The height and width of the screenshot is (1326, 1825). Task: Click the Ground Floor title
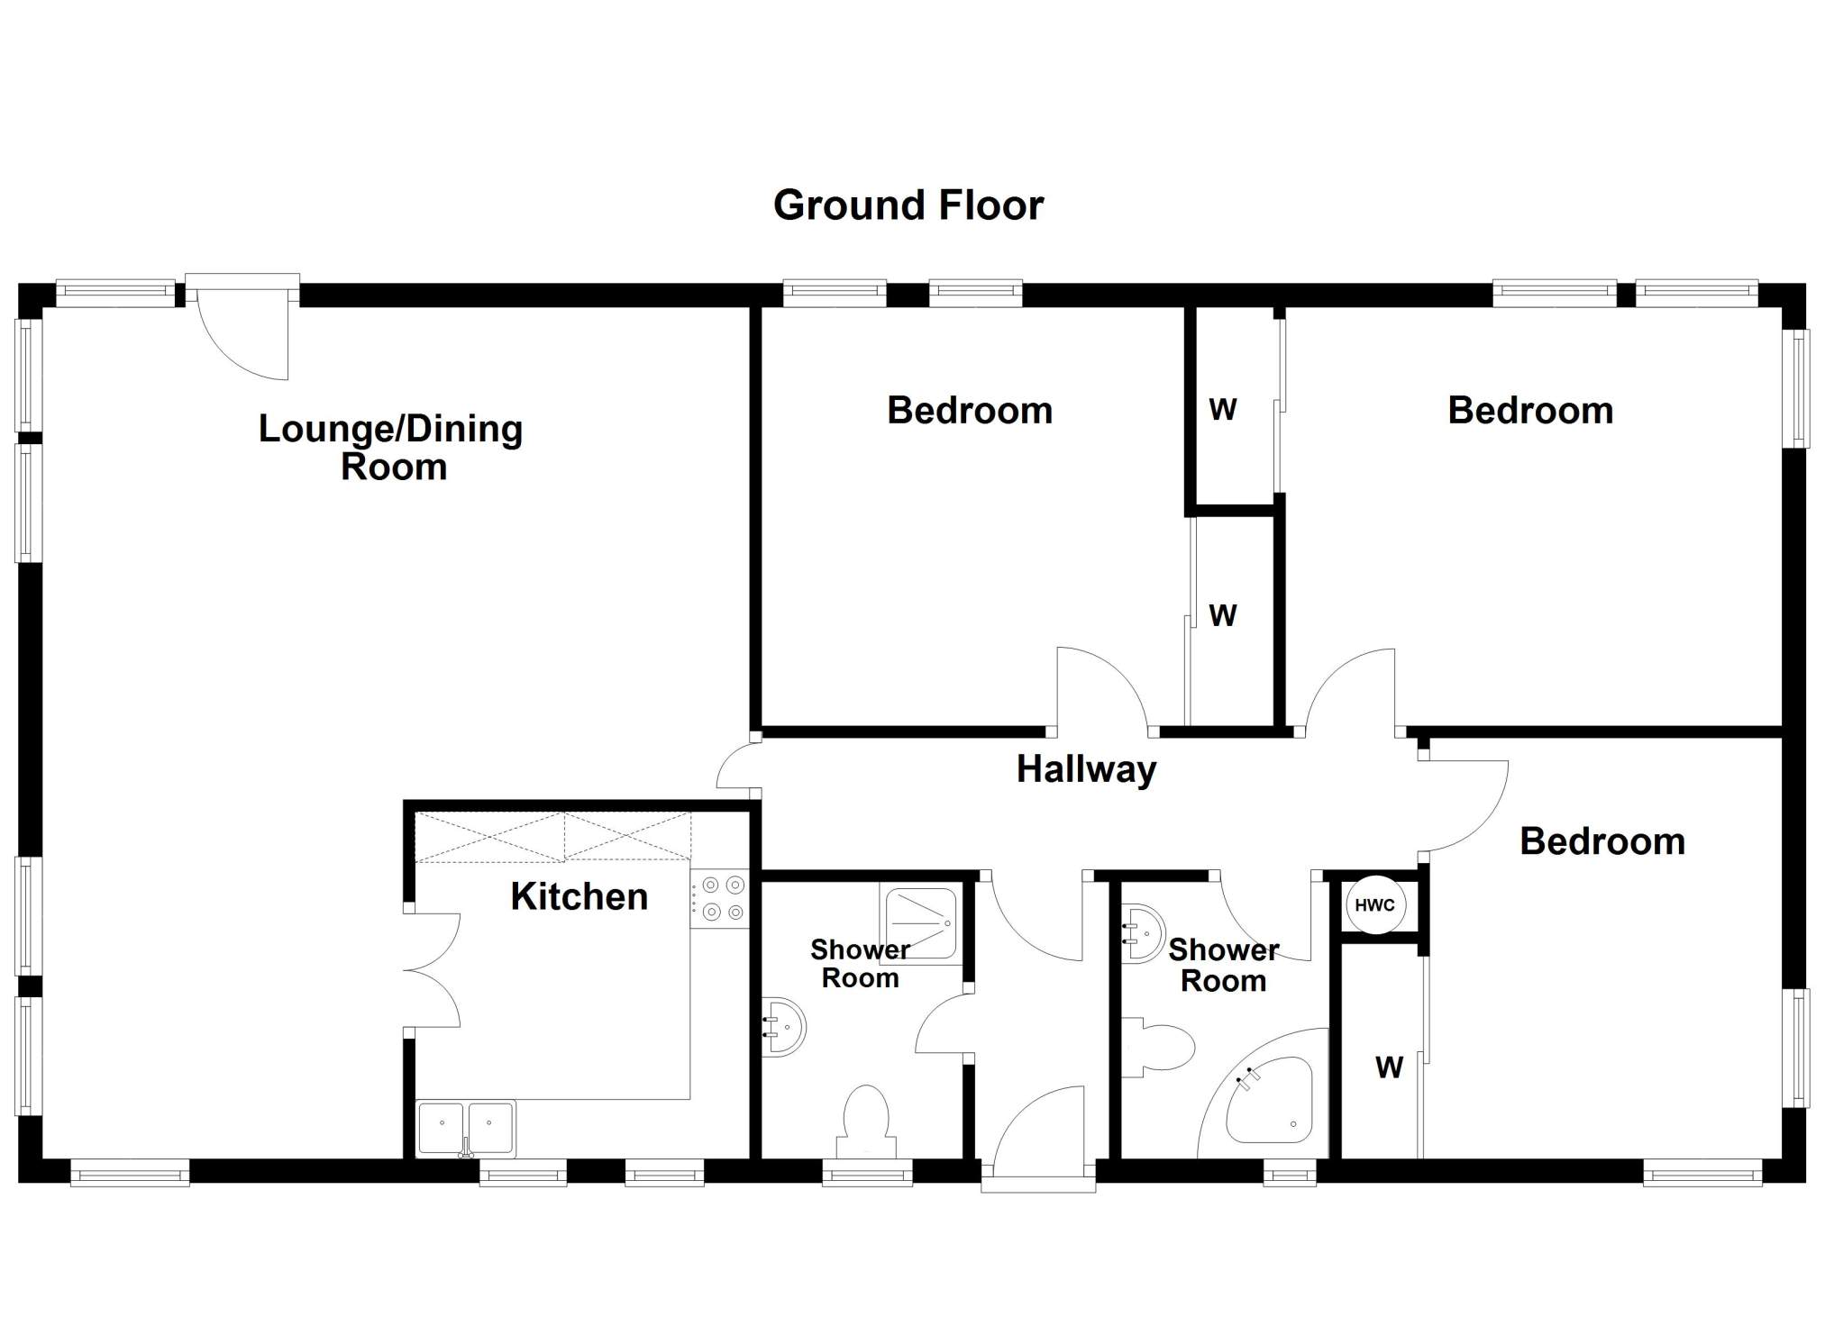[x=908, y=205]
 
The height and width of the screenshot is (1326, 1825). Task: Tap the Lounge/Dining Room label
[x=391, y=448]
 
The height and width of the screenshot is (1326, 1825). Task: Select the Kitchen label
[x=579, y=896]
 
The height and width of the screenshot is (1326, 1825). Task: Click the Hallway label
[x=1086, y=770]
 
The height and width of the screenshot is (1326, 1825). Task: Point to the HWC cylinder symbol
[x=1375, y=904]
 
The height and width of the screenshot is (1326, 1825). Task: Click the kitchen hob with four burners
[x=719, y=898]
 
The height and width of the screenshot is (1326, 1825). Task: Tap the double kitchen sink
[x=466, y=1129]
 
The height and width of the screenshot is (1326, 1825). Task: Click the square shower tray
[x=920, y=922]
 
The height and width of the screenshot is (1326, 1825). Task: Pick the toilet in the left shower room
[x=866, y=1122]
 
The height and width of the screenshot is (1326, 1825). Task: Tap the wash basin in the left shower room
[x=783, y=1026]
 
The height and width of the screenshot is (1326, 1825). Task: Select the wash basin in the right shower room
[x=1143, y=933]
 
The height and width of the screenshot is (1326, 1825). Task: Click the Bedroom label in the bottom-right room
[x=1602, y=841]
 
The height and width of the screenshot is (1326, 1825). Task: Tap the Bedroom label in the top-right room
[x=1530, y=411]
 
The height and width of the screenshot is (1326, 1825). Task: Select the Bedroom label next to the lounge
[x=970, y=411]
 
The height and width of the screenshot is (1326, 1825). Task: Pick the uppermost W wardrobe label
[x=1222, y=410]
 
